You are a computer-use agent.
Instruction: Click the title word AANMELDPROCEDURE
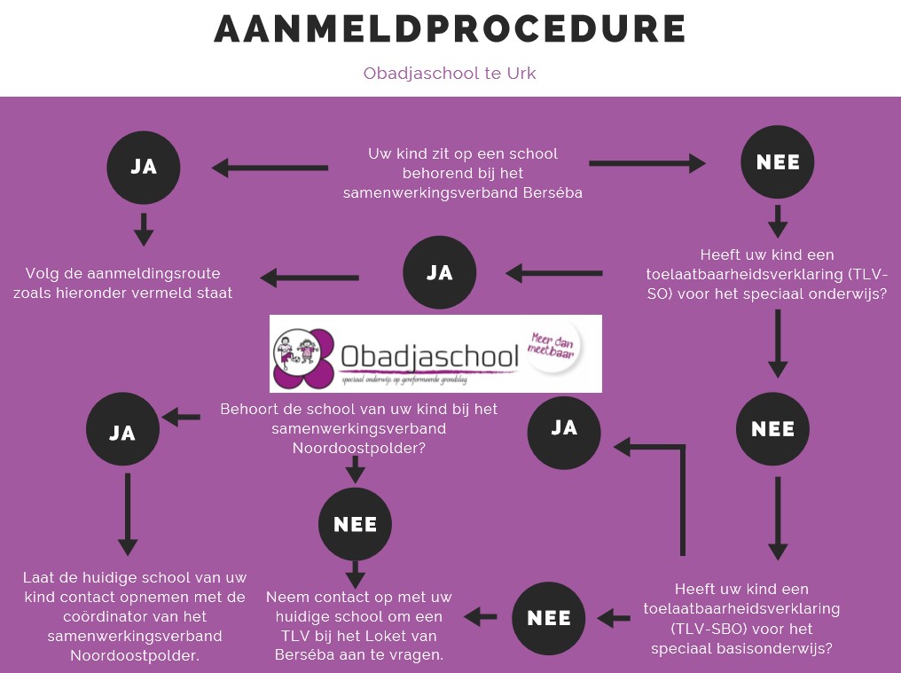[x=450, y=29]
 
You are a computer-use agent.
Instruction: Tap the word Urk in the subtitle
[x=521, y=73]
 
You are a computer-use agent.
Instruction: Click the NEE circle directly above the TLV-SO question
[x=778, y=162]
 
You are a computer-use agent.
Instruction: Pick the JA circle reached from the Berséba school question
[x=144, y=167]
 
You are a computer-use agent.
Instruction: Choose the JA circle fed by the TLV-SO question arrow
[x=440, y=272]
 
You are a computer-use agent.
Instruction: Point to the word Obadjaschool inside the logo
[x=430, y=358]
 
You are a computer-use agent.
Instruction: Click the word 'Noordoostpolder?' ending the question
[x=358, y=449]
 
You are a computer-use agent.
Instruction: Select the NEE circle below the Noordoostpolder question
[x=355, y=524]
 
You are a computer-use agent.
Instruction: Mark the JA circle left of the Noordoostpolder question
[x=122, y=432]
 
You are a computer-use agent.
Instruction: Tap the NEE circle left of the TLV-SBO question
[x=549, y=618]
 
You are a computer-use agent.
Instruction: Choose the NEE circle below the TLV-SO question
[x=772, y=429]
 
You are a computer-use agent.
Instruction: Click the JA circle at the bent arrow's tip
[x=564, y=428]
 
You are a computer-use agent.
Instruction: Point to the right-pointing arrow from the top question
[x=646, y=163]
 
